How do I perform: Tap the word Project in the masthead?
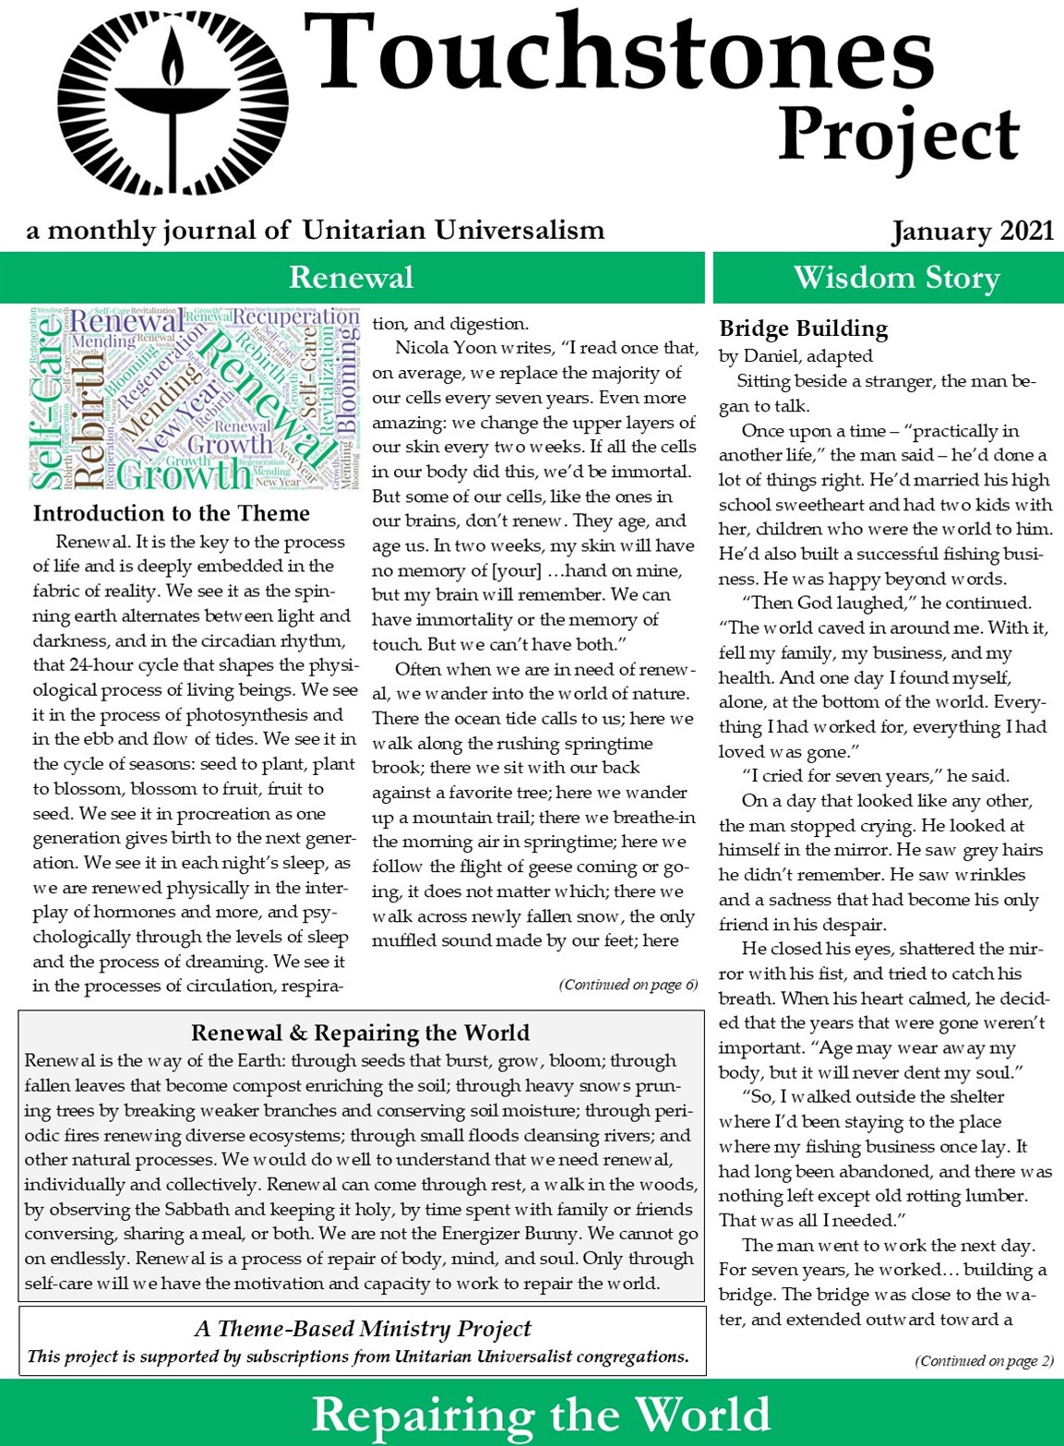tap(898, 137)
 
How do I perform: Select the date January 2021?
tap(972, 231)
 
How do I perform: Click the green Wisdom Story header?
tap(896, 278)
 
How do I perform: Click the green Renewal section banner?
tap(351, 278)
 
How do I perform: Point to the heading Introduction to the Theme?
tap(172, 513)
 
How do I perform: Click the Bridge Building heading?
tap(803, 329)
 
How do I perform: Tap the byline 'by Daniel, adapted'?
tap(795, 355)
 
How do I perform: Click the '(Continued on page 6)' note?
tap(628, 985)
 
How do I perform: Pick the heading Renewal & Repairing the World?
tap(360, 1033)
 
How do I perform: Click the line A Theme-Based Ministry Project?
tap(363, 1329)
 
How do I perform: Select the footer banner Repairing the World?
tap(541, 1415)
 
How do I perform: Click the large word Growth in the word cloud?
tap(185, 474)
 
